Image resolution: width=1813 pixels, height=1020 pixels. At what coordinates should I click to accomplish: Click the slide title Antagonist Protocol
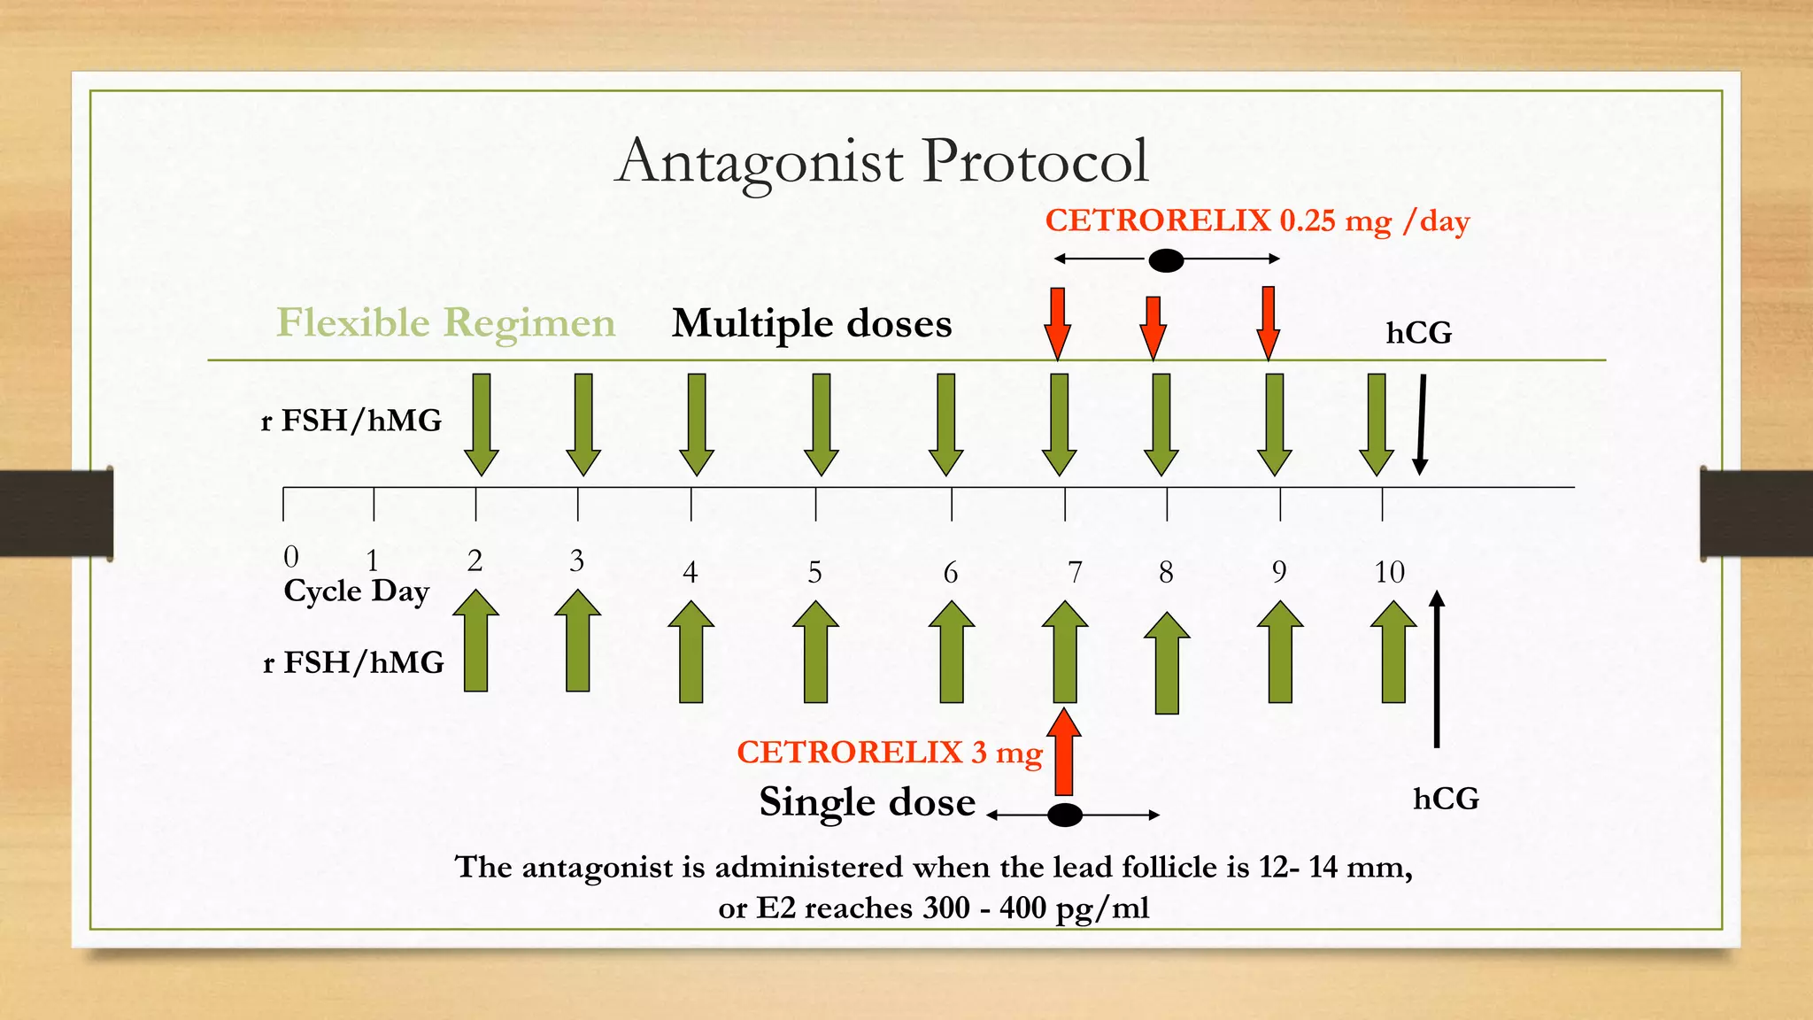point(882,162)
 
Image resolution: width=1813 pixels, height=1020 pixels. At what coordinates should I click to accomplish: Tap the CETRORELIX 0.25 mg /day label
point(1257,220)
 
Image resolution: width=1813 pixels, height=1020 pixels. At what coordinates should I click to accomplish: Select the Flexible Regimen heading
point(445,322)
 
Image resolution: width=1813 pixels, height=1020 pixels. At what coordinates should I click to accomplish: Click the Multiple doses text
point(812,323)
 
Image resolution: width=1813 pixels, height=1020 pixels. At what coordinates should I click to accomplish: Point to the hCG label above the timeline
point(1418,333)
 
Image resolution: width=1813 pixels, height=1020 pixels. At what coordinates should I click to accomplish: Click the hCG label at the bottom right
point(1446,799)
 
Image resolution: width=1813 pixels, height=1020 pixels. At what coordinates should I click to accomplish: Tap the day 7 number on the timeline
point(1075,573)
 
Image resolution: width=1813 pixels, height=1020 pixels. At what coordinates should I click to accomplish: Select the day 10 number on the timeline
point(1389,572)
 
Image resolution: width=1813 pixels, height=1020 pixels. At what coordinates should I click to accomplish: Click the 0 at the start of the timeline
point(291,557)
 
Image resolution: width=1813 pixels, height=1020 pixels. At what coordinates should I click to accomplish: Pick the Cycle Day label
point(356,591)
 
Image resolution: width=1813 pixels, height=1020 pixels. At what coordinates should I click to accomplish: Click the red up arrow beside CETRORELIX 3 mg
point(1064,753)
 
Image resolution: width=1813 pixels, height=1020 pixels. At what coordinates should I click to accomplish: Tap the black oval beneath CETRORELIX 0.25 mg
point(1166,260)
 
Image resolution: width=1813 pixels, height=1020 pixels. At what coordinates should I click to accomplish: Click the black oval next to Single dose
point(1065,815)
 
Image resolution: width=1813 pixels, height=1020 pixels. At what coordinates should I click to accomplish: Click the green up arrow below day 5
point(815,653)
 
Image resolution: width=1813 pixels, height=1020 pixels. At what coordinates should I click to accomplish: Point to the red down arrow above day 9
point(1269,322)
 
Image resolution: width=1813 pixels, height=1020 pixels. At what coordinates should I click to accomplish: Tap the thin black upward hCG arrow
point(1437,669)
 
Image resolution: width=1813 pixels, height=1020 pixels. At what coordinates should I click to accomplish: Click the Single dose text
point(867,802)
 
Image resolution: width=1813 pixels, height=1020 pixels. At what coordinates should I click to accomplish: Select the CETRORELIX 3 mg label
point(889,753)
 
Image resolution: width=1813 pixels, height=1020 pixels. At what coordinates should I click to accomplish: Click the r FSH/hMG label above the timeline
point(351,421)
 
